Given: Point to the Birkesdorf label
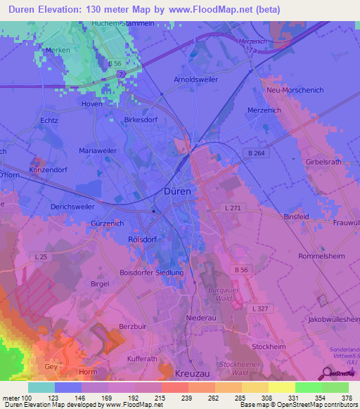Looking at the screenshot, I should pos(141,120).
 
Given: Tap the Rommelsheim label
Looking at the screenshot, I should pos(321,257).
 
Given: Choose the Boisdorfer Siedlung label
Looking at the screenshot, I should pos(152,273).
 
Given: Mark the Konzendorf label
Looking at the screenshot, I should pos(47,171).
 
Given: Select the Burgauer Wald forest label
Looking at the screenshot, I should pos(224,294).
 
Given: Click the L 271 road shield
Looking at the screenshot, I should pos(232,209).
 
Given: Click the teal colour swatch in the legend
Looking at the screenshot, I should pos(41,387).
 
